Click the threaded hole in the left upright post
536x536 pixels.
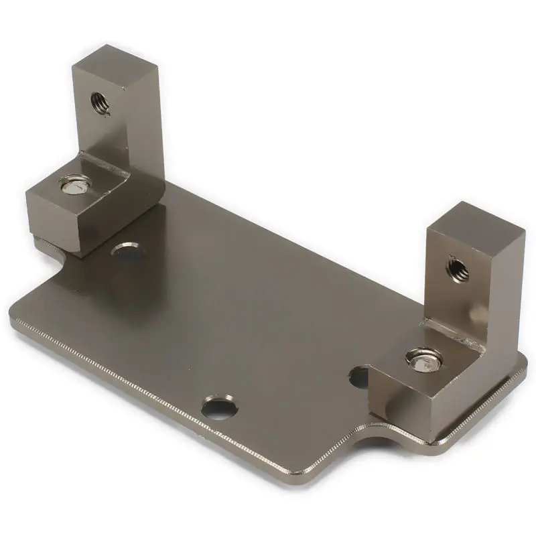[x=100, y=103]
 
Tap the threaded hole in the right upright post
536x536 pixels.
[x=458, y=269]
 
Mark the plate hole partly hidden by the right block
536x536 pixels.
[x=360, y=378]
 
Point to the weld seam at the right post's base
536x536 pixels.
[x=456, y=335]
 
